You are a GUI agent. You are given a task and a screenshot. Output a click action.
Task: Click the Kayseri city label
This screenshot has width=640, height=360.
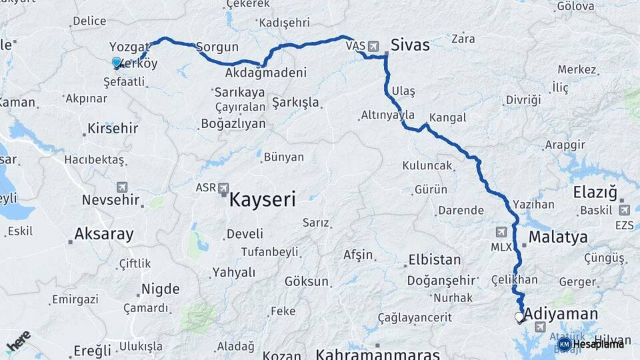tap(263, 198)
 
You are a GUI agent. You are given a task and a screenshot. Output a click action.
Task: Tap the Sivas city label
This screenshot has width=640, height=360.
tap(410, 45)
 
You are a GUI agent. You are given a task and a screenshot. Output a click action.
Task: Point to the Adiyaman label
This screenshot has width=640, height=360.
tap(561, 313)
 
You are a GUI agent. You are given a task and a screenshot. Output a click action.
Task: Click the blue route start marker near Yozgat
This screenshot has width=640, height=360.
tap(117, 63)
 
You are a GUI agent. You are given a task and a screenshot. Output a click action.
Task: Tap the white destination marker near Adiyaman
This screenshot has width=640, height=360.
tap(519, 317)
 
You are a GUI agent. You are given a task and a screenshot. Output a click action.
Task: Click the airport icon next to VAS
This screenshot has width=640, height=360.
tap(373, 47)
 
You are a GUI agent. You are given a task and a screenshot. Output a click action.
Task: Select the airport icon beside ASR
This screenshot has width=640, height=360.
tap(223, 189)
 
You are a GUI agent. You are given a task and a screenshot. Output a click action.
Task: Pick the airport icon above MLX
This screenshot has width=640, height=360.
tap(501, 231)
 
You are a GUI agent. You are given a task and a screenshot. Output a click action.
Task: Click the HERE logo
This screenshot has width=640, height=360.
tap(19, 340)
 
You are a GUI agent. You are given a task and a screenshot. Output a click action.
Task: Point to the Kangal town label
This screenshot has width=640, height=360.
tap(448, 117)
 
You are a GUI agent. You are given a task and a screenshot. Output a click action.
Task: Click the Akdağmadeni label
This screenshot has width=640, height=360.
tap(266, 73)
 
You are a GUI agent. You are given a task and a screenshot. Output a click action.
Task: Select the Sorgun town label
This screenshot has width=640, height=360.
tap(217, 48)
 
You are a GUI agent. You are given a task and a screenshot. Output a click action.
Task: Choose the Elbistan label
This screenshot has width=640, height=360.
tap(434, 259)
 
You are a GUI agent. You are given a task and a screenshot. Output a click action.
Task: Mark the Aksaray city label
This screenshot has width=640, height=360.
tap(104, 234)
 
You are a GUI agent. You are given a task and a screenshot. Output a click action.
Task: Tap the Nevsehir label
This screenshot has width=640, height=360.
tap(111, 200)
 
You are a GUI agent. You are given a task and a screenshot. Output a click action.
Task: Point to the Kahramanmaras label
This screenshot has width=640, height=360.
tap(378, 353)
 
